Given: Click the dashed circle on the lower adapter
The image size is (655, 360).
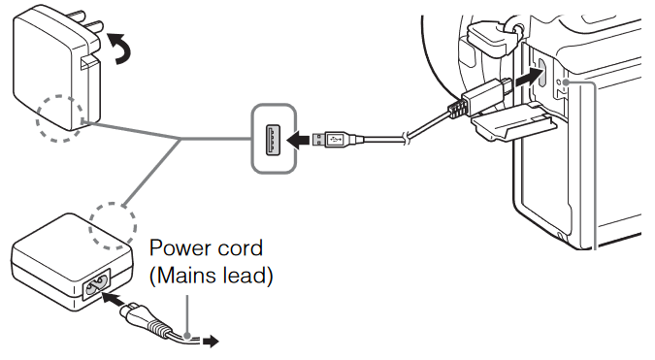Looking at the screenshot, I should point(112,225).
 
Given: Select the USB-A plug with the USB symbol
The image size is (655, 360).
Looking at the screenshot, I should point(341,142).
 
